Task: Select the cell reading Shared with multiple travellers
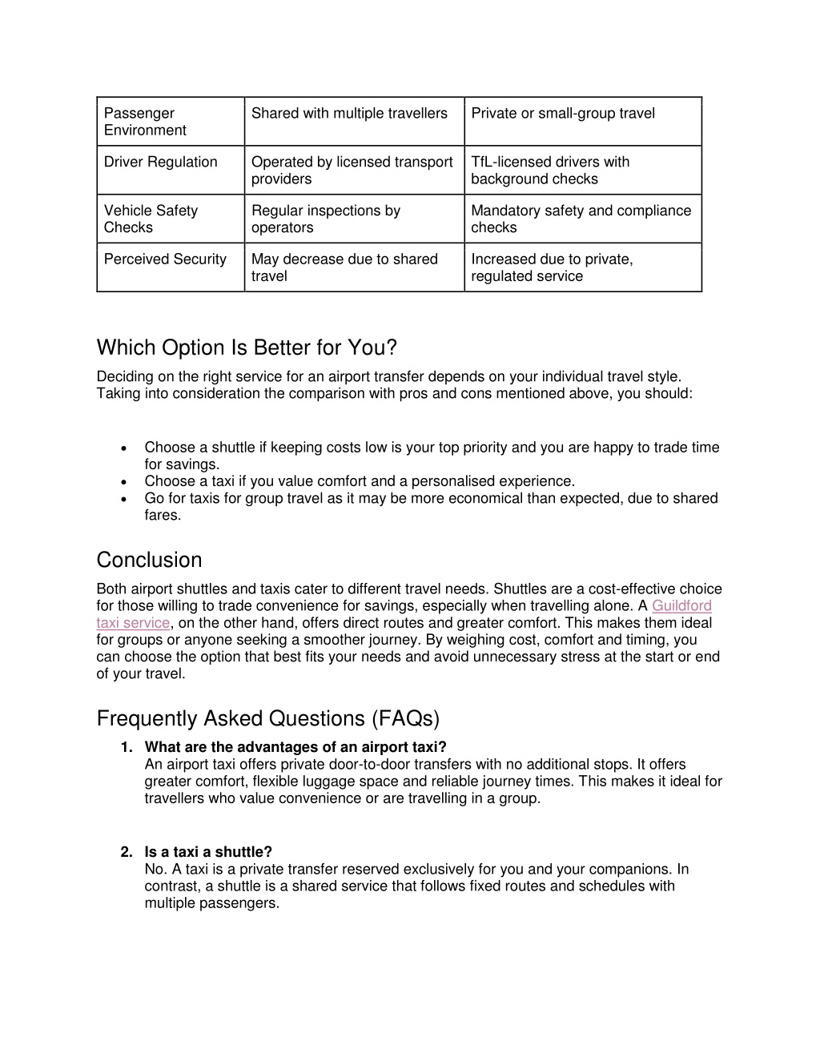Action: coord(349,114)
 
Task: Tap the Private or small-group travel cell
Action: coord(563,114)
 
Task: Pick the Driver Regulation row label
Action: coord(161,163)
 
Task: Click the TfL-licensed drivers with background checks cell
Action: coord(550,171)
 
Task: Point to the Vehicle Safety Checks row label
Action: coord(151,219)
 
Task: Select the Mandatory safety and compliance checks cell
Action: coord(581,219)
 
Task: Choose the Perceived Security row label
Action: coord(165,259)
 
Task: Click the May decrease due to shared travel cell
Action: coord(344,267)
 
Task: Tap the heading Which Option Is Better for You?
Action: coord(247,348)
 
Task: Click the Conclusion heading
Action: coord(149,560)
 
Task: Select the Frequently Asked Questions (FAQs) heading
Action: coord(268,719)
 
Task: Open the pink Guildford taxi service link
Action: coord(681,606)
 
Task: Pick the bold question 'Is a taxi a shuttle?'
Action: coord(208,852)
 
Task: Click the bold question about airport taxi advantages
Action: coord(295,748)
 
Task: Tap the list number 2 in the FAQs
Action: coord(127,852)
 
